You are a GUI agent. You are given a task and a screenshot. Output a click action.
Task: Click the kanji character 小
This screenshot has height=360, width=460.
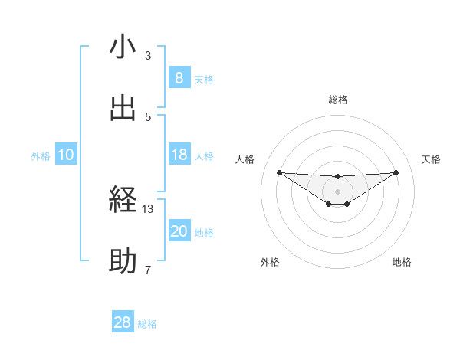click(123, 47)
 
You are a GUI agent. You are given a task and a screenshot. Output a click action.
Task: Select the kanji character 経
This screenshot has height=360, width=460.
click(123, 201)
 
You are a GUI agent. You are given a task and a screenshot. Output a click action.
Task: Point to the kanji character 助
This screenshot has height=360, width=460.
click(123, 262)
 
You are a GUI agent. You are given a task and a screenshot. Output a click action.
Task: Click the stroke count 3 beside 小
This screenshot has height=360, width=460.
click(148, 56)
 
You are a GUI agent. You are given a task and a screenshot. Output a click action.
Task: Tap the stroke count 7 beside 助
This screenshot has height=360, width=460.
click(148, 270)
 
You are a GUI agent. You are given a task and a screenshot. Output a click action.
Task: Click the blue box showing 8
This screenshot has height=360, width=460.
click(179, 78)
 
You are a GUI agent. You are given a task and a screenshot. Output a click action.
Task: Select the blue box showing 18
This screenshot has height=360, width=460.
click(179, 155)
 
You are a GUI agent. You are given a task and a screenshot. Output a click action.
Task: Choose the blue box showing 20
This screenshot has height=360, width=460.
click(179, 231)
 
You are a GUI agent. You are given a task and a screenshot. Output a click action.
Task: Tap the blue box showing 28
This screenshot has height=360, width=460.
click(123, 322)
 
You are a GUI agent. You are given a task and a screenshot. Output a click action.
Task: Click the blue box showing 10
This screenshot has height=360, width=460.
click(66, 155)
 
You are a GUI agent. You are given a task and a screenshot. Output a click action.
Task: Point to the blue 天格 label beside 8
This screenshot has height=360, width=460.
click(204, 80)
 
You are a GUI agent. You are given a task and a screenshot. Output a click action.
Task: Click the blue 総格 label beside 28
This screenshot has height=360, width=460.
click(147, 324)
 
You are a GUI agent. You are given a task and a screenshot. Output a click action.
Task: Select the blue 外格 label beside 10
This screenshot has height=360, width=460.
click(41, 156)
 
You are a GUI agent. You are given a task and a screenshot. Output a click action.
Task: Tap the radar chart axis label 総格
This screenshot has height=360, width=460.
click(338, 100)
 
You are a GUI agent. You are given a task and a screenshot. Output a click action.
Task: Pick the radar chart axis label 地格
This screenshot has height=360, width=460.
click(402, 262)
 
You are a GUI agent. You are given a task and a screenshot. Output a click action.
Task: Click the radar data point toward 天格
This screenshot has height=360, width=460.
click(396, 172)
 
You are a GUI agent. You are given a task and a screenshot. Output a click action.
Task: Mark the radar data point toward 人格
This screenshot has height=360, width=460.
click(279, 172)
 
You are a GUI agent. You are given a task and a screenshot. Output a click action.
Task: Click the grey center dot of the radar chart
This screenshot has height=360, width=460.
click(338, 191)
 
